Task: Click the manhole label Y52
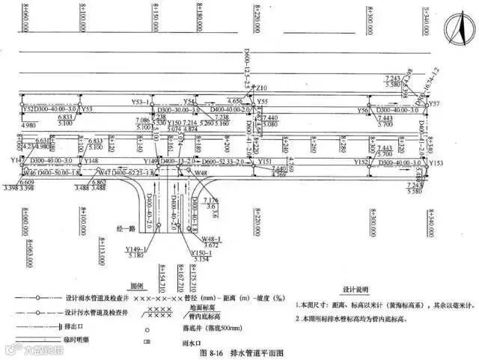point(29,109)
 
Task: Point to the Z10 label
point(261,88)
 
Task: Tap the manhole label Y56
point(363,110)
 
